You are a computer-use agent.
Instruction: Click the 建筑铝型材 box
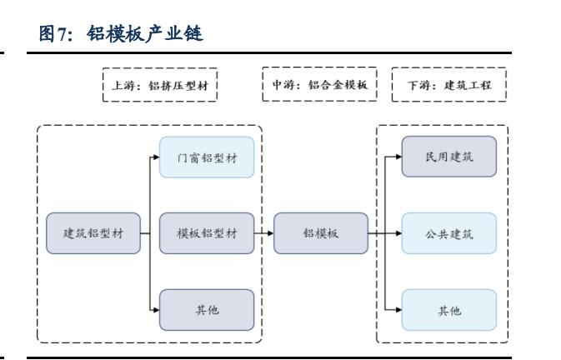pos(93,233)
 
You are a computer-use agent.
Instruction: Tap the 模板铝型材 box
pos(206,233)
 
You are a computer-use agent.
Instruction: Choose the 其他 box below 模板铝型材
pos(206,309)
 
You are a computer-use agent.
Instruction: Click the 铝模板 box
pos(320,233)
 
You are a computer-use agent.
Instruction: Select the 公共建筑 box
pos(449,233)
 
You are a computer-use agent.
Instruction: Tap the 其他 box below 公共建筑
pos(449,309)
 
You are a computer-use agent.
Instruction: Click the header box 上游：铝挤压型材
pos(158,84)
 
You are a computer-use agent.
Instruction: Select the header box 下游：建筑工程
pos(449,84)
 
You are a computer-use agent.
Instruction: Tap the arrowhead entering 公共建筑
pos(398,233)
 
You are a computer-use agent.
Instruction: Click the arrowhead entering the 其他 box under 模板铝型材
pos(155,309)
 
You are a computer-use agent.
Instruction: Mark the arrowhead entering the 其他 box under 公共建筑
pos(398,309)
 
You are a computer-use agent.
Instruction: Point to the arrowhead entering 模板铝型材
pos(155,233)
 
